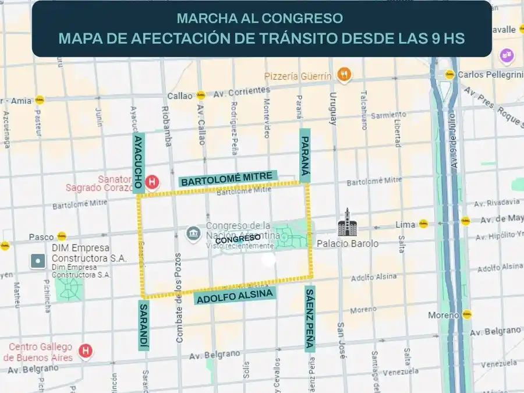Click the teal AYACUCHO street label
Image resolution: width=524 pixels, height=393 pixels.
138,162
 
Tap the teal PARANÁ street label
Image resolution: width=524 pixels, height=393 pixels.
305,155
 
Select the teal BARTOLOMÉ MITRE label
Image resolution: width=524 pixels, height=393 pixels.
229,179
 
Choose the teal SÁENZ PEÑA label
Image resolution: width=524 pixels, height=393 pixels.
310,319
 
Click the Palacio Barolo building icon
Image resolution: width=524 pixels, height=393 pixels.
346,222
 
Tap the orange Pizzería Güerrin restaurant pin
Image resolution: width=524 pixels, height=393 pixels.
345,74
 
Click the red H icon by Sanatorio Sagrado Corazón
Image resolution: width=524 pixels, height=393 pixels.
153,182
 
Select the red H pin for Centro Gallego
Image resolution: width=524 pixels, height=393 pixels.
86,351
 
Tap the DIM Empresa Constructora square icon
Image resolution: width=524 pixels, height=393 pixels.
38,261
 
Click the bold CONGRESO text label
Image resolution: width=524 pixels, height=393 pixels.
238,239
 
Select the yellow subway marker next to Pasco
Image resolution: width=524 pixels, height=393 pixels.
62,236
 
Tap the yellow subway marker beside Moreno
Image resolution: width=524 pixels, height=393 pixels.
467,314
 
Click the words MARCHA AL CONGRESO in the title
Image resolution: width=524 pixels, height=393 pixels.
260,18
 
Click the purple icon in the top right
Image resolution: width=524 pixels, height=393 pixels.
507,56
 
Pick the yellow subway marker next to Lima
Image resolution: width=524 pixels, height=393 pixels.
423,224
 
